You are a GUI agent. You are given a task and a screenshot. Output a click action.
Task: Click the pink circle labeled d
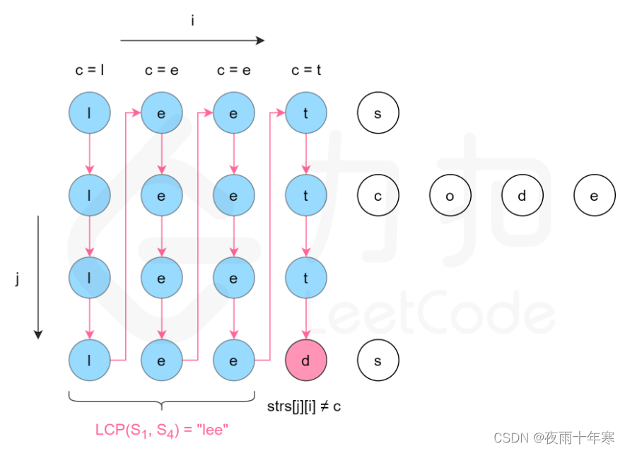tap(305, 359)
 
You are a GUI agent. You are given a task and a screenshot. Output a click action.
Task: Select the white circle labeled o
tap(450, 195)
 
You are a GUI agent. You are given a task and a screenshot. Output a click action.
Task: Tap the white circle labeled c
tap(378, 195)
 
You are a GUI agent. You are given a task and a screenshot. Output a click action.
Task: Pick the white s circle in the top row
tap(378, 112)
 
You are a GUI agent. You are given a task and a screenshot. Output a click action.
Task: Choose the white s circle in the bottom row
tap(378, 359)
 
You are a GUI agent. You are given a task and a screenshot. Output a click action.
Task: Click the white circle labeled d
tap(522, 195)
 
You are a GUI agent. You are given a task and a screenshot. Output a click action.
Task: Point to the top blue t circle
tap(305, 112)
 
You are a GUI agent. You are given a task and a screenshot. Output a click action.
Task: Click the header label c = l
tap(90, 70)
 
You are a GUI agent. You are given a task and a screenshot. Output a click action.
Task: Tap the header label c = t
tap(305, 70)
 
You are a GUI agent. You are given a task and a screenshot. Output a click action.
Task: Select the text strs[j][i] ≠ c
tap(305, 406)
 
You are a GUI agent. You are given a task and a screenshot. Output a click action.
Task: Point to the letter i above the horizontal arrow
tap(192, 20)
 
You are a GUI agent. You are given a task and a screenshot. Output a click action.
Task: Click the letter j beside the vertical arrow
tap(17, 279)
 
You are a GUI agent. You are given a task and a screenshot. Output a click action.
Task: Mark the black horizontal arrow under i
tap(192, 40)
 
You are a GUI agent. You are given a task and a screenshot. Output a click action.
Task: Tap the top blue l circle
tap(90, 112)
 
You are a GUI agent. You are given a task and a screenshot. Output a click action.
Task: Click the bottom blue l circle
tap(90, 359)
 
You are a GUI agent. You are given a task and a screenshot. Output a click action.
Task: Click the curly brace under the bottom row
tap(162, 400)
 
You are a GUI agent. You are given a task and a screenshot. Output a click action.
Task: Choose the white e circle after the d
tap(594, 195)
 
